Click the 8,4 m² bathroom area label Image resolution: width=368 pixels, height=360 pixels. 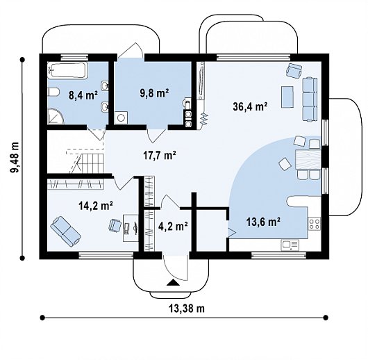coord(83,95)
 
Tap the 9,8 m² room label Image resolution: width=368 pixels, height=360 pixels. coord(154,93)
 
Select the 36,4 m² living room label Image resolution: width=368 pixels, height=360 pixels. coord(251,106)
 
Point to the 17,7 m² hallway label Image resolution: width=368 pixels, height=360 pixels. coord(160,155)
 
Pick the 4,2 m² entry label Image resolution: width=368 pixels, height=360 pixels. coord(173,227)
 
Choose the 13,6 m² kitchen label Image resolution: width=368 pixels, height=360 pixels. coord(263,222)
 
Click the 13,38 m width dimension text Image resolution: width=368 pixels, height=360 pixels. coord(187,308)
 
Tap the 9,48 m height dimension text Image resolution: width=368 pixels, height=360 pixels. coord(15,158)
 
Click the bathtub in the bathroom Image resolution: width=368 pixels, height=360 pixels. coord(68,70)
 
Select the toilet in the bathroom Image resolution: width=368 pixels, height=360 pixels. coord(53,92)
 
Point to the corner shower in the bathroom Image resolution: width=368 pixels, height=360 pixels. coord(56,116)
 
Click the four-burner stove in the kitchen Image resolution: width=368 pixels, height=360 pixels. coord(315,224)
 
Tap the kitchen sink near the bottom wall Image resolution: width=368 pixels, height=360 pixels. coord(290,245)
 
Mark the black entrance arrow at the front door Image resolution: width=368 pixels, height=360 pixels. coord(173,282)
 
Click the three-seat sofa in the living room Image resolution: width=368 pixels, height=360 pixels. coord(309,99)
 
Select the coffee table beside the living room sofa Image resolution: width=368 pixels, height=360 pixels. coord(287,97)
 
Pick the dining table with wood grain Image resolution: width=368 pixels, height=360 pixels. coord(308,159)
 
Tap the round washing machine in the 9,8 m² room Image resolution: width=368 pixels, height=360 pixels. coord(121,117)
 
